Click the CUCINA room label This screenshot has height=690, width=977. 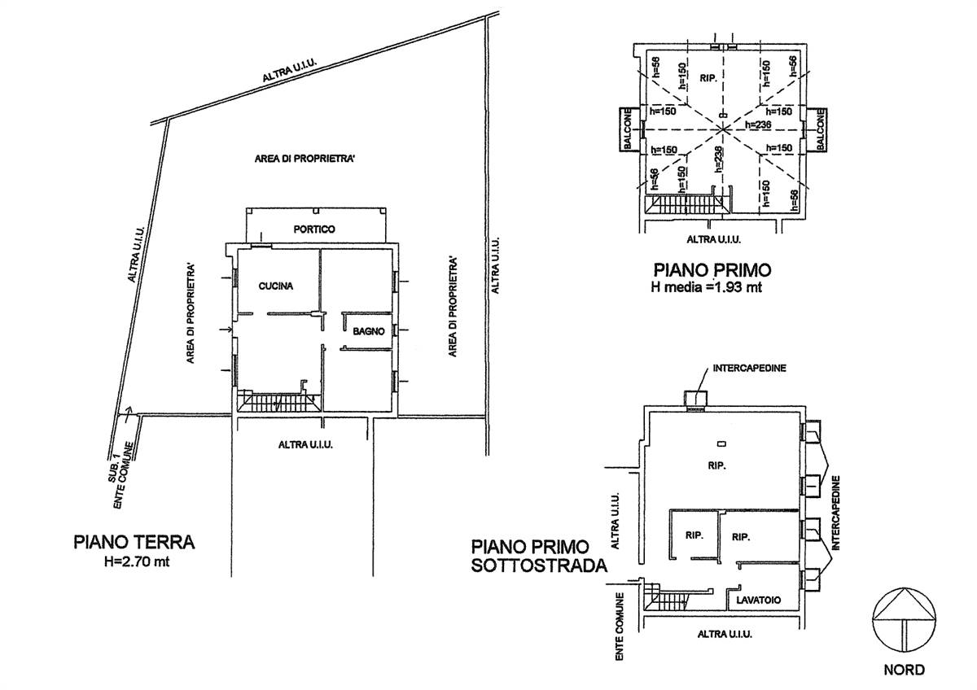(276, 286)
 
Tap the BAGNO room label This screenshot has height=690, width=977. (369, 331)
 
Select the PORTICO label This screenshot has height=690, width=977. (314, 229)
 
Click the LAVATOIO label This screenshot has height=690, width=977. (759, 600)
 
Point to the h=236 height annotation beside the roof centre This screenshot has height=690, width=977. (758, 124)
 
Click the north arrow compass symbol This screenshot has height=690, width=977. (905, 619)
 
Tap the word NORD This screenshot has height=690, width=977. (905, 670)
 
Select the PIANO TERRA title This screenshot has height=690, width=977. (134, 542)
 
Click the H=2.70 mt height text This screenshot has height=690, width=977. (137, 561)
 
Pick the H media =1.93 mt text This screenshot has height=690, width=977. (706, 287)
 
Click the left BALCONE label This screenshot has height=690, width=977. (628, 129)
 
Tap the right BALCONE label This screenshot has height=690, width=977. (821, 129)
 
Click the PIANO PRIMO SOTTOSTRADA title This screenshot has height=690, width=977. (539, 556)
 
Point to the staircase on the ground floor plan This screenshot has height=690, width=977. (279, 401)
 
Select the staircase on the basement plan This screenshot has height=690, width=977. (664, 598)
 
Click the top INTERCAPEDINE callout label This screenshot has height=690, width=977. (749, 368)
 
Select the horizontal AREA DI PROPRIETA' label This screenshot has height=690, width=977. (304, 158)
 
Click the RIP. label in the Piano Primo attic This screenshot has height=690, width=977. (708, 78)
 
